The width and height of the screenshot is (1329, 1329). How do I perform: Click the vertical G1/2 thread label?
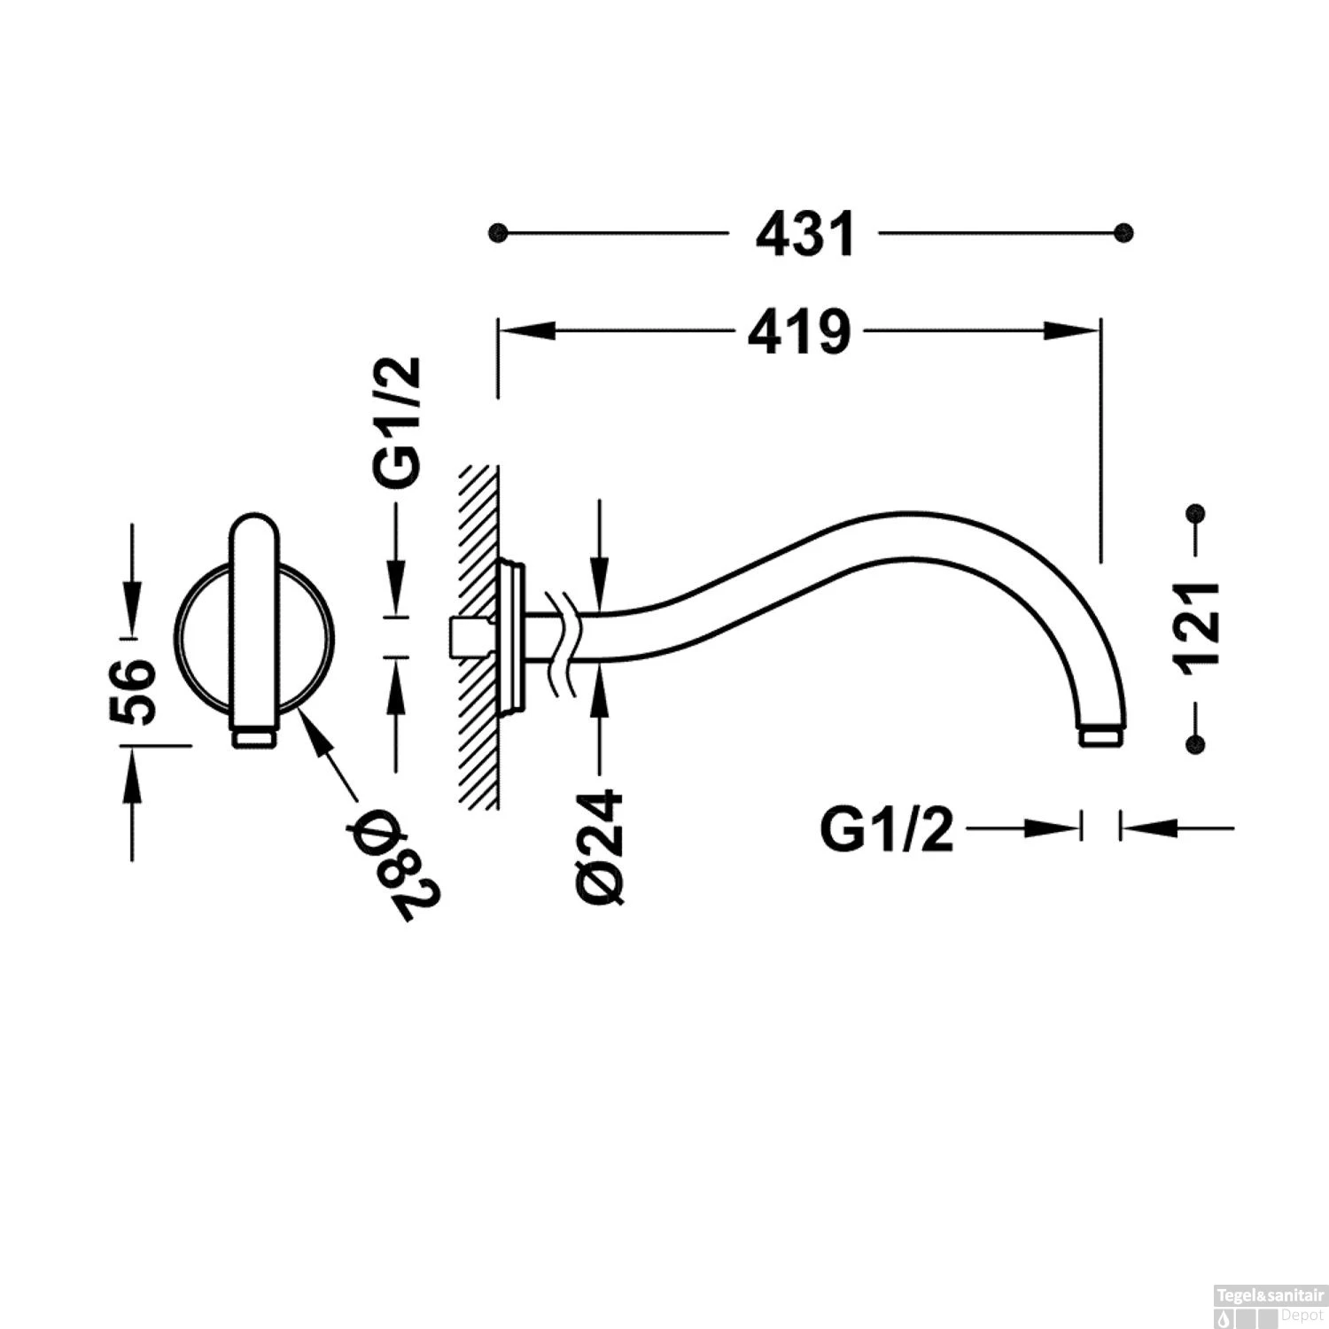396,424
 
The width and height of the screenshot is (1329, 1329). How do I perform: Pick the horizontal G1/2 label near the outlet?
887,830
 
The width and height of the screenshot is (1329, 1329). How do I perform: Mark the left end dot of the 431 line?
499,233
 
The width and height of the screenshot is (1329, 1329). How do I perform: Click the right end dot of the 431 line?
1123,233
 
